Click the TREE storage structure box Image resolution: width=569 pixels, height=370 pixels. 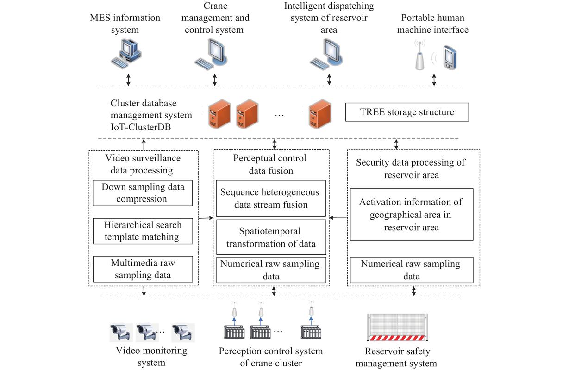coord(407,112)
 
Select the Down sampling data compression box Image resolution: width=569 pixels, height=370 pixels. coord(142,193)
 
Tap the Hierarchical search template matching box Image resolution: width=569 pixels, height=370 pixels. coord(142,231)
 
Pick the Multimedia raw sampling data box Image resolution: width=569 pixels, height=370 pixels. coord(142,269)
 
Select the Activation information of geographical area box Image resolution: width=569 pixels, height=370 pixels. coord(411,215)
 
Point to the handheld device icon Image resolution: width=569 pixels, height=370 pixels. coord(449,57)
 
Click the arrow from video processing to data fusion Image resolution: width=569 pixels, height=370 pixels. coord(206,217)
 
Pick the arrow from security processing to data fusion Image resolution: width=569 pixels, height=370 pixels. coord(338,217)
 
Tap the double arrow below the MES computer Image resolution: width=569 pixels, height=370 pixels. coord(129,79)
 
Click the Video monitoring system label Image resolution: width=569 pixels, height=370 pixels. coord(151,357)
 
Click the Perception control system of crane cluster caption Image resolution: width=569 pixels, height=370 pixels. coord(271,357)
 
